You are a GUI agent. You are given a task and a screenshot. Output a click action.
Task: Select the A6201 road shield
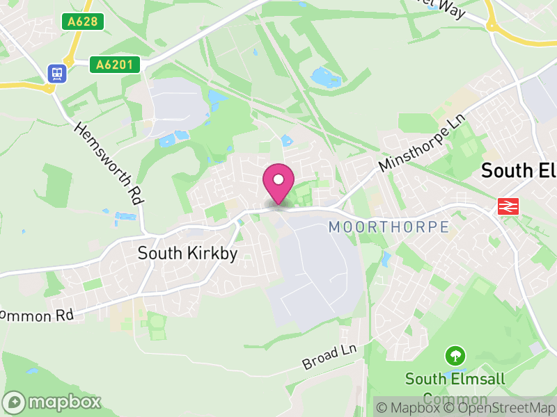pos(115,65)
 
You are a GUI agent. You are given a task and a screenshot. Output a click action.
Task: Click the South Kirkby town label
pos(187,254)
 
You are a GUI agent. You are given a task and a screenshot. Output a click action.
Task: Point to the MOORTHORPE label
pos(389,227)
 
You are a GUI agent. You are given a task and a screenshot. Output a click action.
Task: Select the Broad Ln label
pos(329,357)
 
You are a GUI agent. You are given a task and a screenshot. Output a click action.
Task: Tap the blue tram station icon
pos(56,72)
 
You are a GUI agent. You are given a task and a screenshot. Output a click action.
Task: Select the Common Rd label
pos(36,315)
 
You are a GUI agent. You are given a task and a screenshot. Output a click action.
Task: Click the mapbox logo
pos(52,402)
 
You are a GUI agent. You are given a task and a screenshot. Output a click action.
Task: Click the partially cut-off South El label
pos(519,170)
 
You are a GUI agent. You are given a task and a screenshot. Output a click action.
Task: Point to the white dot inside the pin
pos(278,180)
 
